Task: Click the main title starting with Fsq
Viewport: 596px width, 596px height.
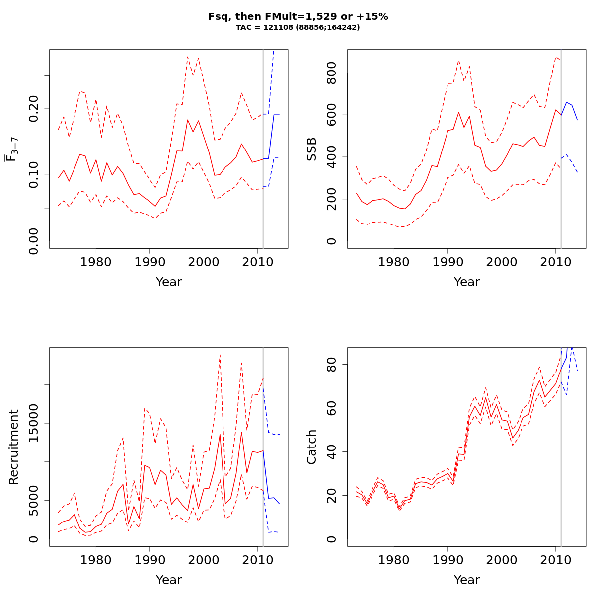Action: point(298,17)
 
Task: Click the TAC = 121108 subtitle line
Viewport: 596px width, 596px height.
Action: point(298,28)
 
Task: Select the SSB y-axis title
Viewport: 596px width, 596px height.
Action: point(312,149)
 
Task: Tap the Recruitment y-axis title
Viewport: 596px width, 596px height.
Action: point(14,447)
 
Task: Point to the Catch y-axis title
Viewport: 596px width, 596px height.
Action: point(312,447)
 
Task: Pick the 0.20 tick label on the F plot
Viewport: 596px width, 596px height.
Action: point(34,108)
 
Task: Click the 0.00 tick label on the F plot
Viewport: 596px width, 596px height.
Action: point(34,241)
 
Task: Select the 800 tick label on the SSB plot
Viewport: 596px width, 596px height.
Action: point(332,73)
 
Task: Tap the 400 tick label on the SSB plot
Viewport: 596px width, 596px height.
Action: point(332,157)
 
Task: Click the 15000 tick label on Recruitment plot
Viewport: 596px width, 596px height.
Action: point(34,423)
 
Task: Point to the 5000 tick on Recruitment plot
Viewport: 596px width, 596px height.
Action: point(34,500)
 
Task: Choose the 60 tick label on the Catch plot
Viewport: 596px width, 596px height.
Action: point(332,408)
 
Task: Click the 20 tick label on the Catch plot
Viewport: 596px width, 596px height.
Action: point(332,495)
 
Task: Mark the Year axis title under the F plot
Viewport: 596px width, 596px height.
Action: point(169,282)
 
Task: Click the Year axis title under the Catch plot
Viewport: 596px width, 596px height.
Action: point(467,580)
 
